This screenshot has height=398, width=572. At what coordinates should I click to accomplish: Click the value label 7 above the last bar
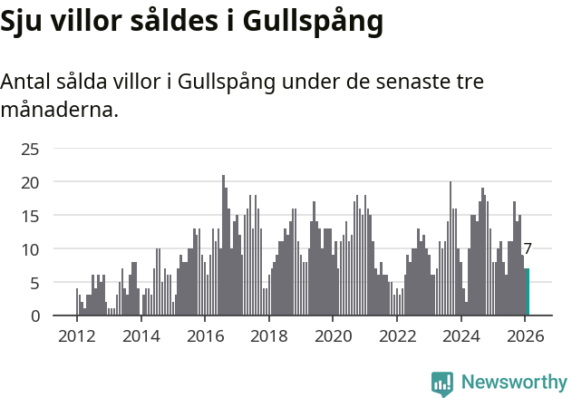[528, 248]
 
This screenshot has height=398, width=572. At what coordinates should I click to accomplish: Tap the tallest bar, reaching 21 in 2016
[223, 245]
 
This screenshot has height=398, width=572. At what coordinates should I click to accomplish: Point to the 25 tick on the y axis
[30, 149]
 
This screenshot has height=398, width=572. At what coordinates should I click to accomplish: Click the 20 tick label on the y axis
[30, 182]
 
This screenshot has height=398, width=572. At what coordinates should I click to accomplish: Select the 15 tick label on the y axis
[30, 216]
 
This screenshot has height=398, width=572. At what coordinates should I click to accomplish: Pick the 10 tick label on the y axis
[30, 249]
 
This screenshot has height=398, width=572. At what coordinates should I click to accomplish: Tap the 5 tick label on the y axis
[34, 283]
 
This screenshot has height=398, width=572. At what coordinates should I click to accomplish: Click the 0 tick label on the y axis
[34, 316]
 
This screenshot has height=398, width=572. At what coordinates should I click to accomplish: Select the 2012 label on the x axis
[76, 336]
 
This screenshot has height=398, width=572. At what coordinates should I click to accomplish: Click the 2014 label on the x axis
[141, 336]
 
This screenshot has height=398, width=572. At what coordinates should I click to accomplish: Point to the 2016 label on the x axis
[205, 336]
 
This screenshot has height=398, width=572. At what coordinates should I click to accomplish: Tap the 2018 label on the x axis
[268, 336]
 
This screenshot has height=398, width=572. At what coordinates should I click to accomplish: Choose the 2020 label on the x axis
[333, 336]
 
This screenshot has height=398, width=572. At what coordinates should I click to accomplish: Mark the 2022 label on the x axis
[397, 336]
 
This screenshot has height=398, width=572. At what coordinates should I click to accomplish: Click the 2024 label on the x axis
[461, 336]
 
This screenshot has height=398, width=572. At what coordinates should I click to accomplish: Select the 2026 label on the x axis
[525, 336]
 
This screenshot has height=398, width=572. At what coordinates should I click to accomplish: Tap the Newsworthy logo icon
[442, 383]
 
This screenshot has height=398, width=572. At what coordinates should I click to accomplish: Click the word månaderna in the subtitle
[59, 111]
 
